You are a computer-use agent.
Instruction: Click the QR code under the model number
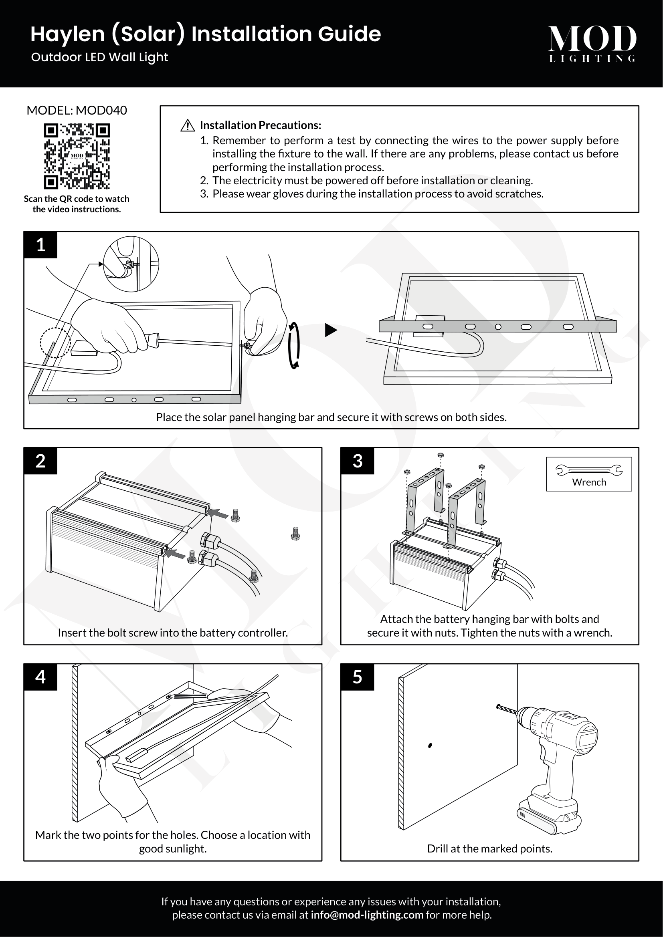[x=77, y=156]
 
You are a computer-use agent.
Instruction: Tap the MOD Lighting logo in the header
[x=592, y=43]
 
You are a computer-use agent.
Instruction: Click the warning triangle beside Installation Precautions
[x=187, y=126]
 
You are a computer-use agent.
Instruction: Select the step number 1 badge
[x=40, y=245]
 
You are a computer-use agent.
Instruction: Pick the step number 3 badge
[x=357, y=461]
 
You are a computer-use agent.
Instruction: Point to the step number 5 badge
[x=357, y=677]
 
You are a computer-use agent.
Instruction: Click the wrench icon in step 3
[x=589, y=470]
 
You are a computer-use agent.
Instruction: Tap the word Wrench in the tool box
[x=589, y=482]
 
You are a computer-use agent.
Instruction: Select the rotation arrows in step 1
[x=294, y=345]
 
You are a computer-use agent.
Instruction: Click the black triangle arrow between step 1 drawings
[x=331, y=330]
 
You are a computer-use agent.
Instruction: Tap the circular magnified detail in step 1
[x=131, y=264]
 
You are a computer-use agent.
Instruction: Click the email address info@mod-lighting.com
[x=367, y=915]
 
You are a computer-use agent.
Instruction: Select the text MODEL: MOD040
[x=77, y=110]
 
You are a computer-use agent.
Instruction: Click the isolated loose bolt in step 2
[x=295, y=534]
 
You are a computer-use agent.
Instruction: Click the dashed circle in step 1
[x=55, y=343]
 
